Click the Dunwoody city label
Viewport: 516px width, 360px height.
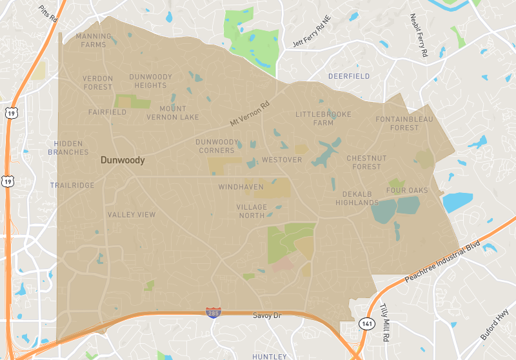click(x=123, y=160)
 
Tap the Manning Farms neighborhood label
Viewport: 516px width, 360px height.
click(x=94, y=41)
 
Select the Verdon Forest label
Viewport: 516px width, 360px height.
click(x=97, y=83)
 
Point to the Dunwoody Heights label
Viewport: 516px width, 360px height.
click(x=151, y=81)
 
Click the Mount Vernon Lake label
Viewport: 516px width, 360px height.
click(x=173, y=113)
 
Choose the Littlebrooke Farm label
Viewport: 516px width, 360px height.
click(x=324, y=118)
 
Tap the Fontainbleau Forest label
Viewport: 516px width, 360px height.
click(x=404, y=123)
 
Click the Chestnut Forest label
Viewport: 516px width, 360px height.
click(x=366, y=162)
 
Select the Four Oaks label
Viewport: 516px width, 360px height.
click(x=407, y=190)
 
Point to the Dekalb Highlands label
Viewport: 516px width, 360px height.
click(x=357, y=198)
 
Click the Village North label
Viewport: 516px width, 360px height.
click(x=252, y=211)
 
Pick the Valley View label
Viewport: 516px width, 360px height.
click(x=132, y=215)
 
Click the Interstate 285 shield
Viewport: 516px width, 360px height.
click(x=213, y=312)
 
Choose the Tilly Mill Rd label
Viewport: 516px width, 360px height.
click(x=385, y=323)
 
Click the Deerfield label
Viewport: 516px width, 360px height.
click(x=349, y=76)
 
